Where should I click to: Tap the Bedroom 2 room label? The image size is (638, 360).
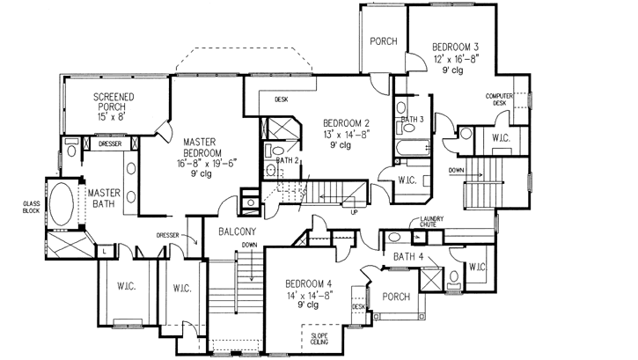[345, 122]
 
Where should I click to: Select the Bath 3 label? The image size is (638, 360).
[413, 119]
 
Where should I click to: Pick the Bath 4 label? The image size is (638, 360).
[410, 256]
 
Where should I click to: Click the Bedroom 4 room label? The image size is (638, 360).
[310, 283]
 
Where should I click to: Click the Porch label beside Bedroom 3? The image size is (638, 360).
[383, 41]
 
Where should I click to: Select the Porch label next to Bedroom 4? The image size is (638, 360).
[395, 297]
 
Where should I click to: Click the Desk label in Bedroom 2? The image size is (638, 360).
[282, 99]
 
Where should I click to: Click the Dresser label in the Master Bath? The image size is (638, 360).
[109, 143]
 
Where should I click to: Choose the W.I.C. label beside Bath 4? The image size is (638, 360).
[478, 267]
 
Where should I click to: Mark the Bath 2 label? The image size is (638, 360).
[286, 161]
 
